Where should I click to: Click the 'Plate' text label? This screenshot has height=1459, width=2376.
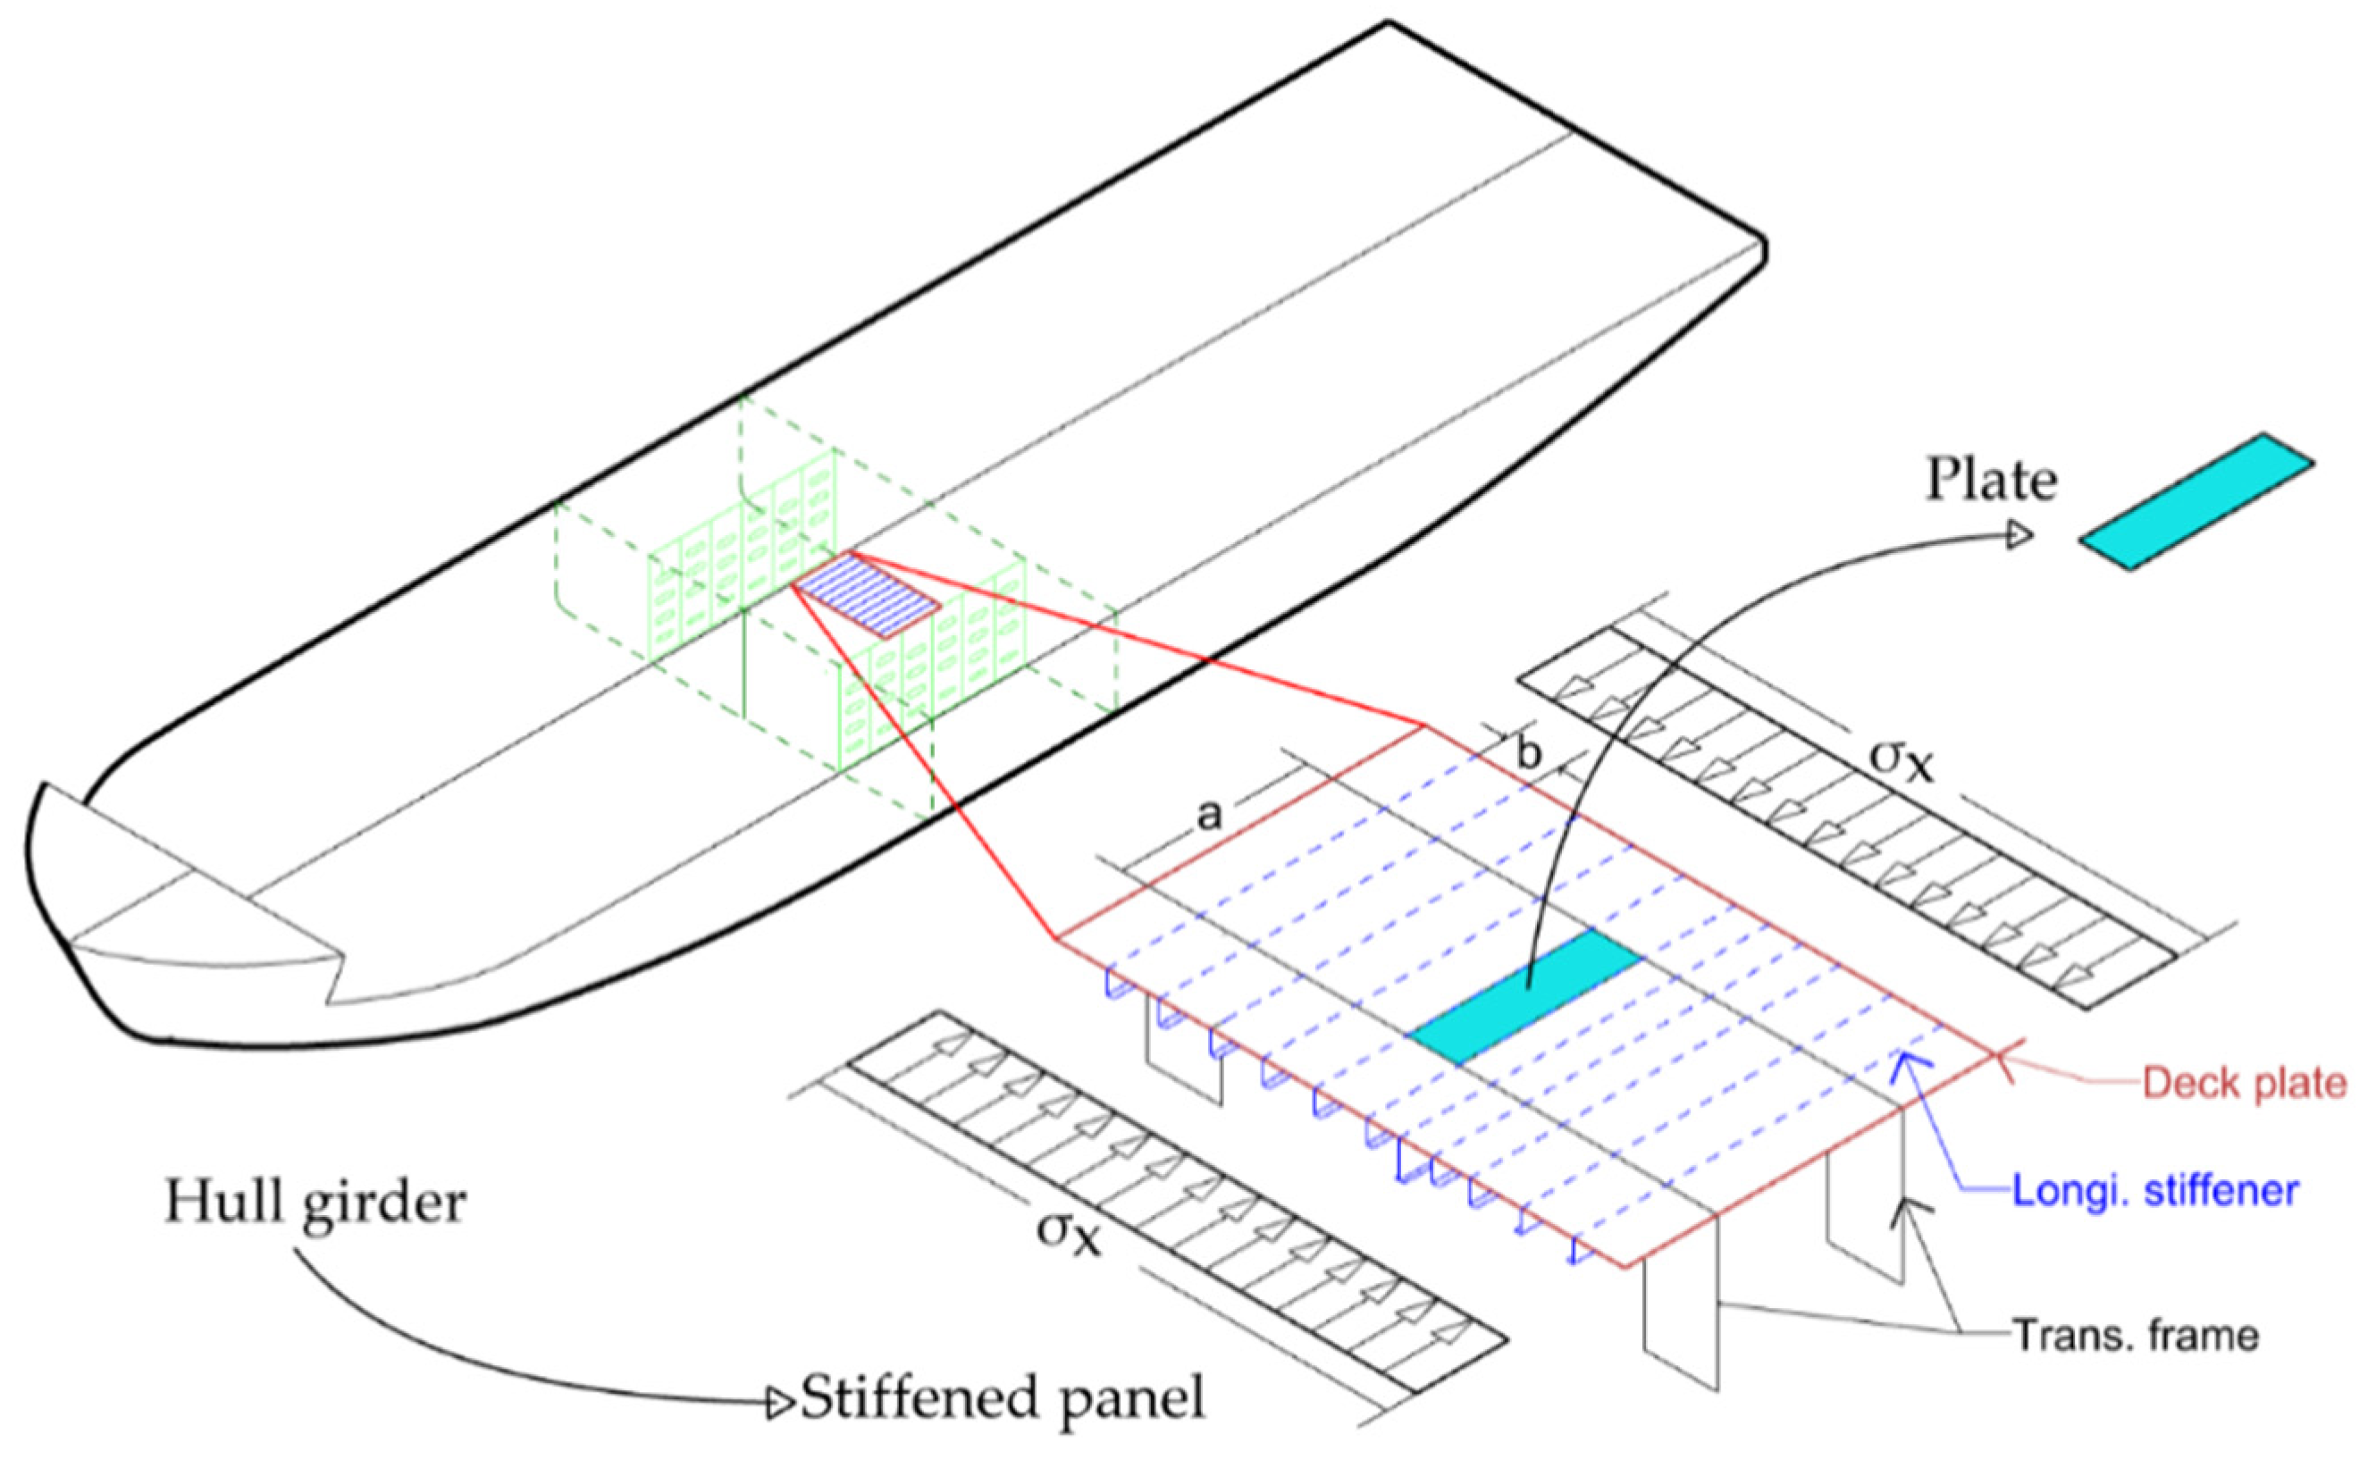[1991, 480]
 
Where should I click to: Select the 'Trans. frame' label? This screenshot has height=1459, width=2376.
[2137, 1336]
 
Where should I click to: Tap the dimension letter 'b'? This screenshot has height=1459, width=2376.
[1529, 755]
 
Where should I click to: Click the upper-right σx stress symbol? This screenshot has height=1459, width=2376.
[1902, 759]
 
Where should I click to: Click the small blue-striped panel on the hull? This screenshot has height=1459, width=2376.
[867, 594]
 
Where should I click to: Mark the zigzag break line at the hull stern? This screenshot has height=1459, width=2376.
[333, 975]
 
